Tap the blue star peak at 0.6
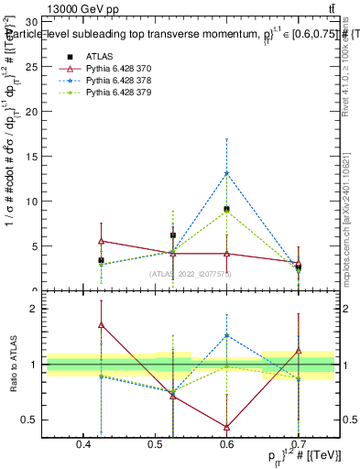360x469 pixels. coord(226,173)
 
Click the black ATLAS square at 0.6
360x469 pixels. coord(226,210)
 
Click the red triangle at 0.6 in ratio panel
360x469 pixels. coord(226,426)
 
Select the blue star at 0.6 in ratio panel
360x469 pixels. coord(226,336)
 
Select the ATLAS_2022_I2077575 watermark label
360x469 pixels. coord(191,273)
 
